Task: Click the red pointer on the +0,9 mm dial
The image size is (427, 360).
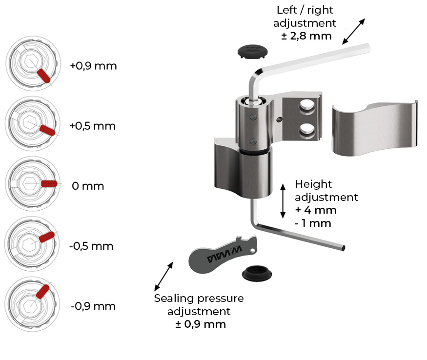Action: pos(43,76)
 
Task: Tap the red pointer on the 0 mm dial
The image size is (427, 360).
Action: pos(49,183)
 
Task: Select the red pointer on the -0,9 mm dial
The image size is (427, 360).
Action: pos(42,292)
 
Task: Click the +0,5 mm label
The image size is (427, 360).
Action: pos(93,126)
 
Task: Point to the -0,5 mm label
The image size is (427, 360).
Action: pos(91,246)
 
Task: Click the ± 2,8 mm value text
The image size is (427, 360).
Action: pos(306,36)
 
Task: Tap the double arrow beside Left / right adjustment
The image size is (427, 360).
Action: pos(353,31)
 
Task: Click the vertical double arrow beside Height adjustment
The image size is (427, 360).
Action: pos(283,201)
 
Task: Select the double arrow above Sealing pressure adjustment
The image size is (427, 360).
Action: pos(163,277)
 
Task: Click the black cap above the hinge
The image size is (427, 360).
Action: pos(252,52)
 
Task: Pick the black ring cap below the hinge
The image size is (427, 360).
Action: pos(257,273)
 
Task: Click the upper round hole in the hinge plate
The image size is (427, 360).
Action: pos(306,106)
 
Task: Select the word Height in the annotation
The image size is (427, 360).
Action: pos(313,184)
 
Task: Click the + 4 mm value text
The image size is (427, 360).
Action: pos(316,210)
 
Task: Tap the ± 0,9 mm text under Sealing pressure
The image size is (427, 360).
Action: pos(201,324)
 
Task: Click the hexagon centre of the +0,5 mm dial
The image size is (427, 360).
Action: pos(29,123)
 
